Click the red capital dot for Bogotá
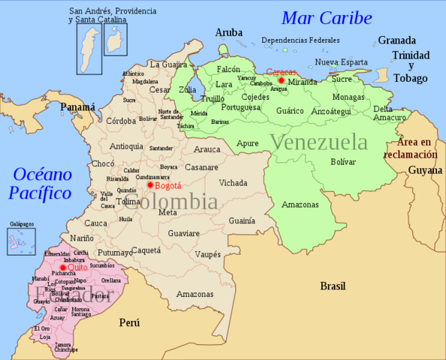click(x=150, y=184)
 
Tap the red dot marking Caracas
click(x=281, y=80)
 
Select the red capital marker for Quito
click(x=62, y=267)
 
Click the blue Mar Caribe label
click(x=327, y=18)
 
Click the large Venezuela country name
click(x=319, y=142)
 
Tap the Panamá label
click(x=78, y=107)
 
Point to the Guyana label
click(x=425, y=170)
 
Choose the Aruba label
click(x=229, y=32)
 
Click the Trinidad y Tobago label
click(x=409, y=67)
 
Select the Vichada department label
click(x=233, y=182)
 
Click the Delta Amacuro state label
click(x=388, y=113)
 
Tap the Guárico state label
click(x=290, y=110)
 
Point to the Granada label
click(x=396, y=40)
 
